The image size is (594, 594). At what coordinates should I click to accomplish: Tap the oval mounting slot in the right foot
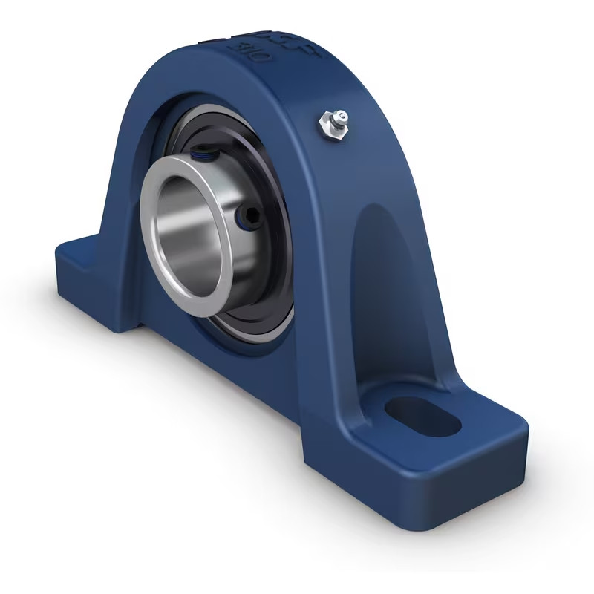point(424,416)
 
